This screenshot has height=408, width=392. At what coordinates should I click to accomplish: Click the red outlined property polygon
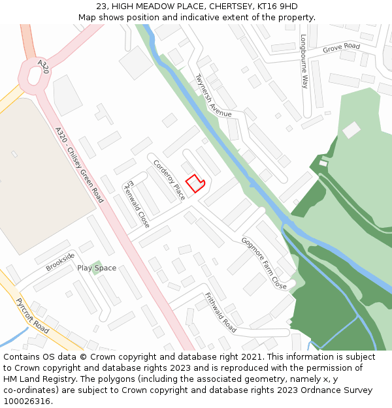[195, 183]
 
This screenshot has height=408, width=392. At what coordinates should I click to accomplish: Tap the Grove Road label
[341, 48]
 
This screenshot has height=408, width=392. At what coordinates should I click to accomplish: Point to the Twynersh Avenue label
[214, 95]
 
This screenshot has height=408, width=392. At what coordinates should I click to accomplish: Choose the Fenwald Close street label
[138, 204]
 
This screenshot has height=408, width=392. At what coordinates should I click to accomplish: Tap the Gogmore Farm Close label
[264, 263]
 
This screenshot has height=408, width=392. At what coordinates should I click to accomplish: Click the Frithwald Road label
[220, 312]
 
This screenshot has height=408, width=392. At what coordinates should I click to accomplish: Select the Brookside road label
[60, 261]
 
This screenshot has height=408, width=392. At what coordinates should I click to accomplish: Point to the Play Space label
[97, 268]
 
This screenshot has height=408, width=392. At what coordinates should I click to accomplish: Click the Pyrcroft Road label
[31, 316]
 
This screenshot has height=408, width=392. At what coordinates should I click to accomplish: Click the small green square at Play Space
[97, 267]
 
